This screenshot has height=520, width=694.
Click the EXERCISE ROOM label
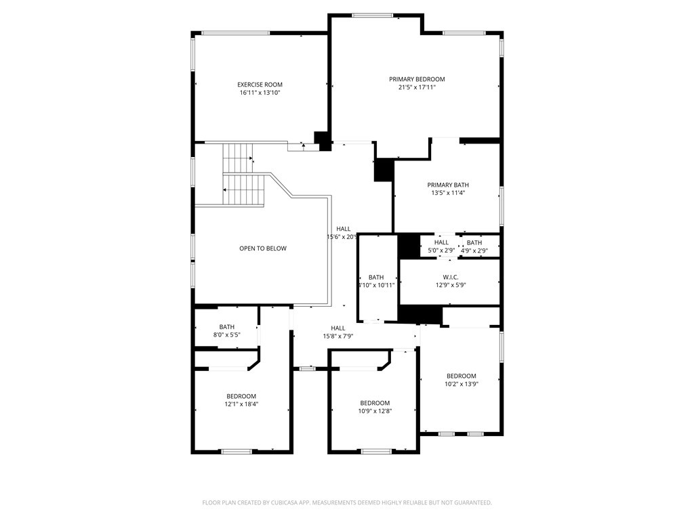pyautogui.click(x=260, y=85)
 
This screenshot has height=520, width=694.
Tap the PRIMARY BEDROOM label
pyautogui.click(x=417, y=79)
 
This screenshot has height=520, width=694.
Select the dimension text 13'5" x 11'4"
pyautogui.click(x=448, y=193)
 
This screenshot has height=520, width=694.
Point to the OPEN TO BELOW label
pyautogui.click(x=263, y=248)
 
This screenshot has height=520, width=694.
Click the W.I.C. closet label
pyautogui.click(x=451, y=277)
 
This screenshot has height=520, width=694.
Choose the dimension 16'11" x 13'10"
pyautogui.click(x=260, y=93)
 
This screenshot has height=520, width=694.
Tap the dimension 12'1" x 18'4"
pyautogui.click(x=241, y=404)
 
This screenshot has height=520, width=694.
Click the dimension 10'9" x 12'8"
pyautogui.click(x=375, y=411)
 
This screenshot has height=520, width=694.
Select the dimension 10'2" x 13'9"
pyautogui.click(x=461, y=384)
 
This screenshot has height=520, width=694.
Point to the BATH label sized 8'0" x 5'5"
pyautogui.click(x=226, y=327)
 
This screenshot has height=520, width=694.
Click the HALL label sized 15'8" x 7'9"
pyautogui.click(x=338, y=328)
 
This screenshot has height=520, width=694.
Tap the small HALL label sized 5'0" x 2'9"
pyautogui.click(x=441, y=242)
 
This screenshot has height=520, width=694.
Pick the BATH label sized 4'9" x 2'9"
pyautogui.click(x=474, y=243)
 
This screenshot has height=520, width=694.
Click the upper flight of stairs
pyautogui.click(x=238, y=158)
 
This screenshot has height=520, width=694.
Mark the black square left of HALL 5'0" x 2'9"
pyautogui.click(x=409, y=246)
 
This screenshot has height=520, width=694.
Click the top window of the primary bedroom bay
pyautogui.click(x=372, y=16)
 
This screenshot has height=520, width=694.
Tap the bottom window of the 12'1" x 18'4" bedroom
pyautogui.click(x=237, y=452)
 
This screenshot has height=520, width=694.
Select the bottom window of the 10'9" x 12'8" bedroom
pyautogui.click(x=376, y=452)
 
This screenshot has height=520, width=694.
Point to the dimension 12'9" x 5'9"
pyautogui.click(x=451, y=285)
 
